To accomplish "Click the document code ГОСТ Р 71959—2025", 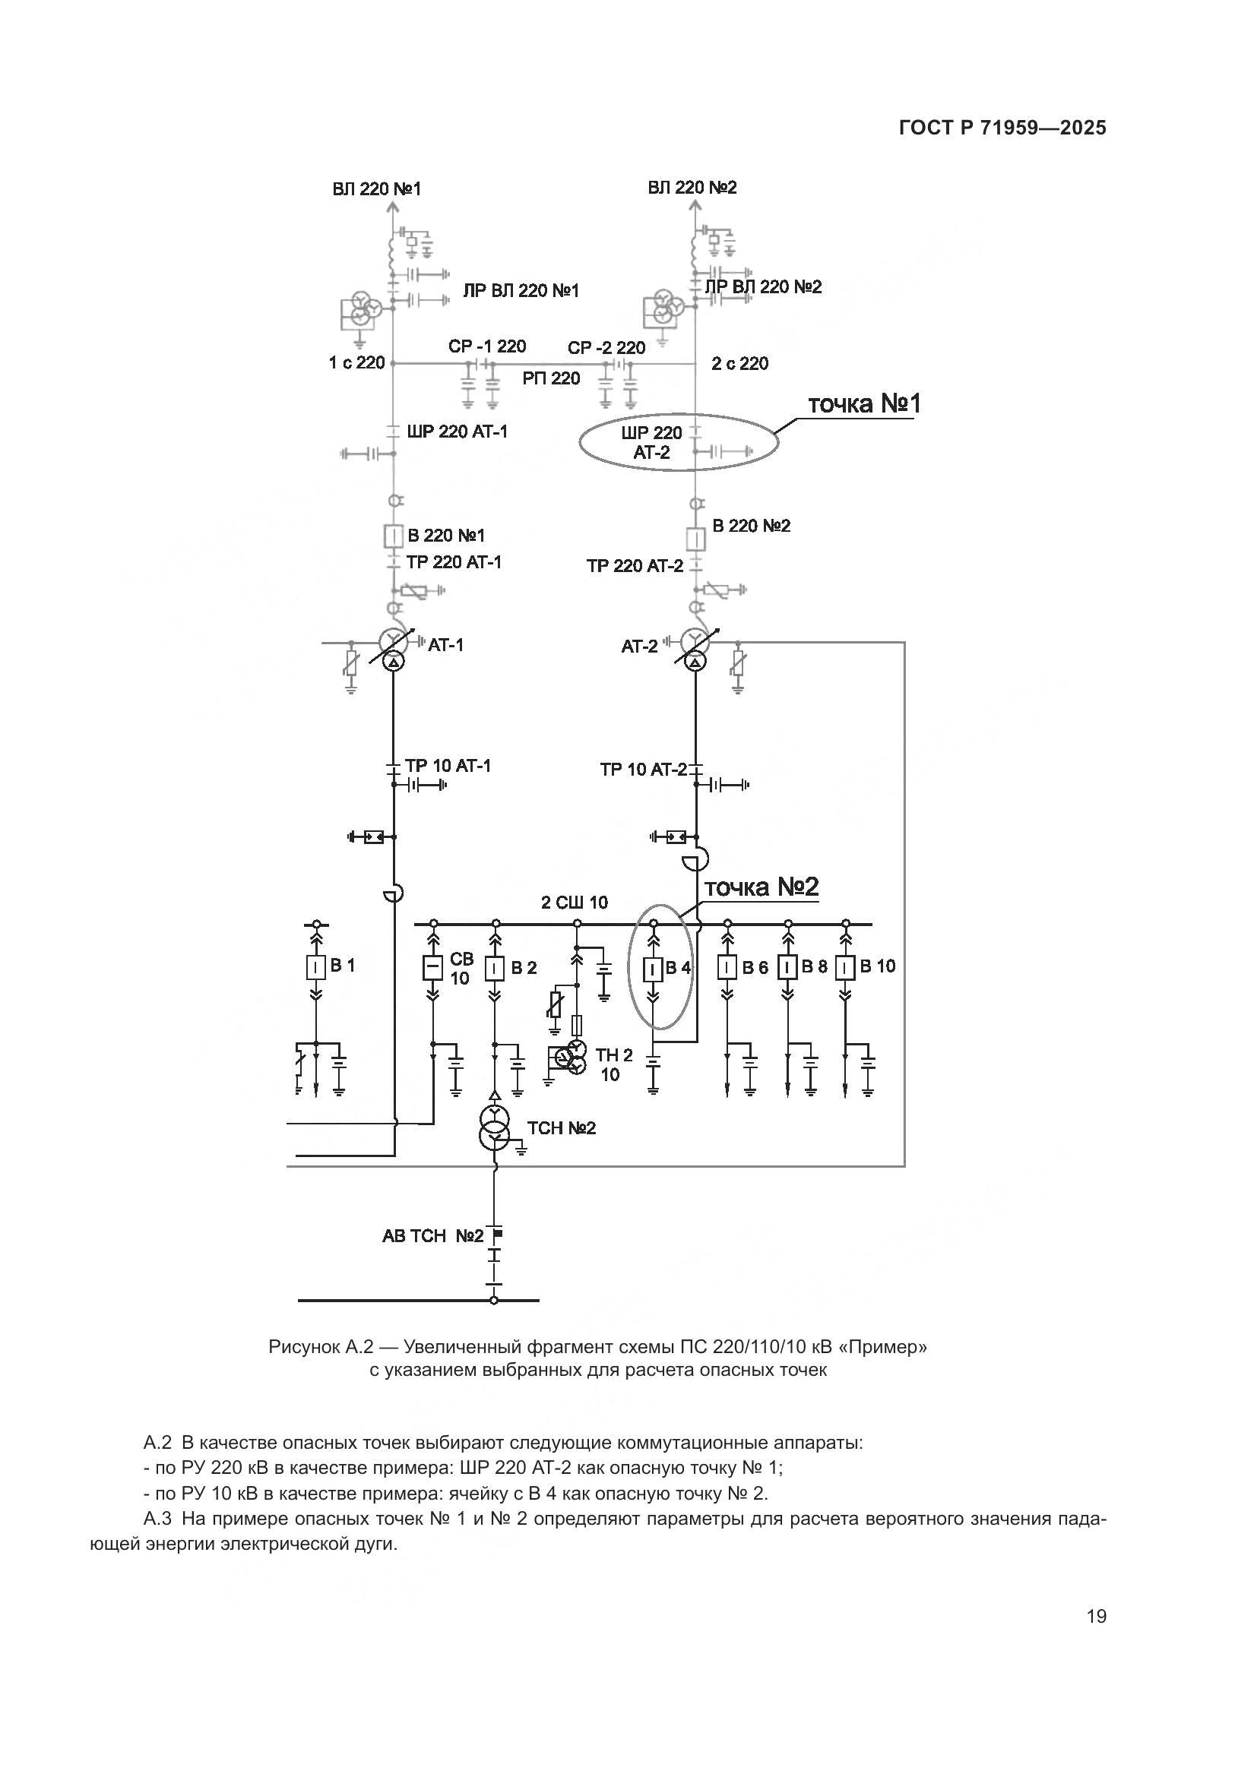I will click(1002, 128).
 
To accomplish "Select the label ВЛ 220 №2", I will click(692, 188).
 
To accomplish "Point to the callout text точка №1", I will click(864, 404).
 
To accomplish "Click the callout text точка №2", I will click(761, 887).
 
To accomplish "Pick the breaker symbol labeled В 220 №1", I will click(394, 536).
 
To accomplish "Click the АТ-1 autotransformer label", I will click(446, 645).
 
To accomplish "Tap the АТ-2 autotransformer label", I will click(639, 647).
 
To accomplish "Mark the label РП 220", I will click(551, 378).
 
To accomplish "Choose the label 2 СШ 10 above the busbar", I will click(575, 903).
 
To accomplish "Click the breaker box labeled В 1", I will click(316, 968).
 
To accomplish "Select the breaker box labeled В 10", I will click(845, 968).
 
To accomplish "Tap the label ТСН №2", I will click(562, 1128).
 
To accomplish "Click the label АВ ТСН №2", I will click(432, 1236).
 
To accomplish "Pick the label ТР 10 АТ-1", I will click(448, 766).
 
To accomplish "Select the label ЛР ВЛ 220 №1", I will click(521, 291).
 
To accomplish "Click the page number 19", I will click(1096, 1617).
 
